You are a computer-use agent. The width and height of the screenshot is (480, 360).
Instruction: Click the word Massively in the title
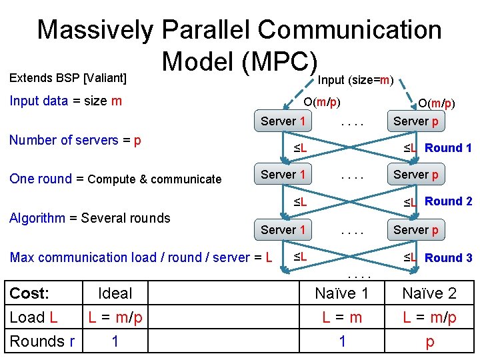[x=93, y=29]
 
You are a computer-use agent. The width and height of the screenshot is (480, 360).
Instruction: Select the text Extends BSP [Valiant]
[x=67, y=78]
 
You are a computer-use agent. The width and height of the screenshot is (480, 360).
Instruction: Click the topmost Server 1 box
[x=283, y=121]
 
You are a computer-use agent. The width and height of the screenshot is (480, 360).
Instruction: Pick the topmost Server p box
[x=416, y=121]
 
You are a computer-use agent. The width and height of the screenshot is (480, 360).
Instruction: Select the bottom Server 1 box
[x=283, y=229]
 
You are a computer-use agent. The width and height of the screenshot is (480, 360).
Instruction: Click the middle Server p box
[x=416, y=175]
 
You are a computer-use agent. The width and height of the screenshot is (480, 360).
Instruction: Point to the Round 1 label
[x=448, y=148]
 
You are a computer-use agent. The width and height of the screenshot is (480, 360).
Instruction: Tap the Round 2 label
[x=448, y=201]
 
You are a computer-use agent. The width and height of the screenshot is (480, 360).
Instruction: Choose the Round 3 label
[x=448, y=257]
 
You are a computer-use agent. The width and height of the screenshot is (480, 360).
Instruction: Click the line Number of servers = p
[x=75, y=141]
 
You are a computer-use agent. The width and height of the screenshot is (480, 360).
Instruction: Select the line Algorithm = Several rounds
[x=90, y=217]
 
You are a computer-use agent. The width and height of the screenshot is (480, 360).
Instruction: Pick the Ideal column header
[x=115, y=293]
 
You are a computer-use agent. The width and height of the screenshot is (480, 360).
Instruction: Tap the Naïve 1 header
[x=341, y=293]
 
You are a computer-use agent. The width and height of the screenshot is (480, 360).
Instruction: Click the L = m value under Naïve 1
[x=341, y=317]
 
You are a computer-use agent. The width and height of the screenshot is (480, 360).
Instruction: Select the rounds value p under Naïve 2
[x=430, y=341]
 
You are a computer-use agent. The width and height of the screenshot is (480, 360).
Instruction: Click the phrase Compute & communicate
[x=155, y=179]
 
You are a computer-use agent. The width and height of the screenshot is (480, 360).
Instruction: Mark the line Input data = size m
[x=65, y=101]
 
